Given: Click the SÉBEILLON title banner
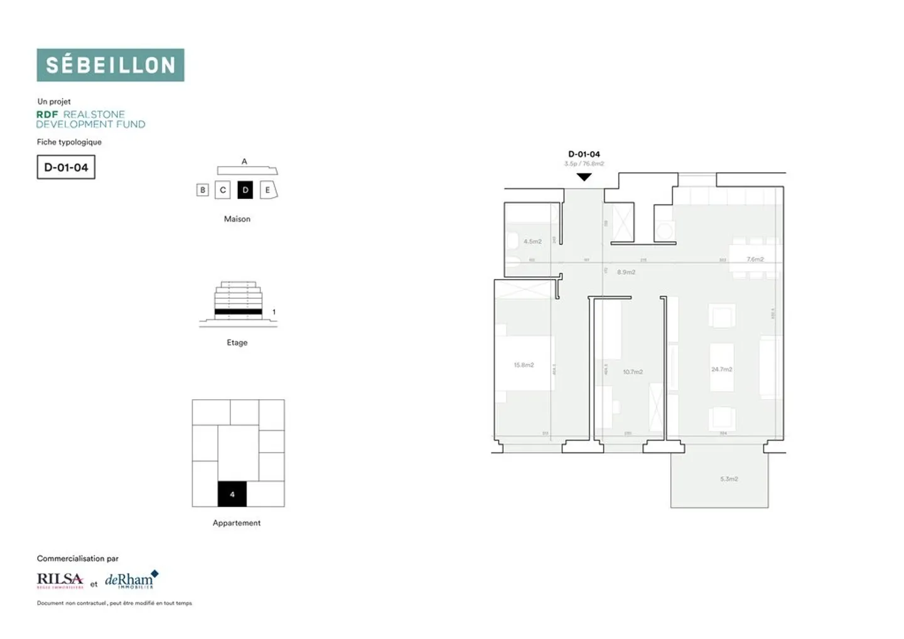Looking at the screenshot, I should [x=110, y=65].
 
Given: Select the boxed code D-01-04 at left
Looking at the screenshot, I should [x=66, y=168].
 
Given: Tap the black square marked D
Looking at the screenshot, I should [x=245, y=190].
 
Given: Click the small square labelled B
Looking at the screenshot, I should [x=202, y=190].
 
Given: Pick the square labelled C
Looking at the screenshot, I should [x=223, y=190].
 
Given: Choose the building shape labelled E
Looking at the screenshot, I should [x=268, y=190].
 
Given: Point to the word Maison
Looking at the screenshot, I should [x=237, y=219].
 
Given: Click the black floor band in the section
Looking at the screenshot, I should [x=238, y=311].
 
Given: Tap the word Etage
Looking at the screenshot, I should [x=237, y=343].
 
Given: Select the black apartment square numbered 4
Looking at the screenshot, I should [x=232, y=494].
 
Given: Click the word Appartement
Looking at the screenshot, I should [x=236, y=523].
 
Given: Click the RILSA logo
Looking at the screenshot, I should [x=60, y=580].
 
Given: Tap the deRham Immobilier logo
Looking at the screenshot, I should [x=131, y=580].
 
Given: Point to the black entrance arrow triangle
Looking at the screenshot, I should [x=584, y=178].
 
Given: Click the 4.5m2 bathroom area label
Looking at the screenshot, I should [x=532, y=242].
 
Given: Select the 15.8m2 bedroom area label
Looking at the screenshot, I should [x=524, y=365].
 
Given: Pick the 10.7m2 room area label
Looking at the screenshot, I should [x=633, y=372].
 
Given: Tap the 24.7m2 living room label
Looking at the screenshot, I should [x=721, y=369].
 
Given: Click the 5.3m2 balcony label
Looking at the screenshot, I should [x=729, y=479].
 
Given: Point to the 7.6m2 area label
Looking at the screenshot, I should [x=755, y=259].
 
